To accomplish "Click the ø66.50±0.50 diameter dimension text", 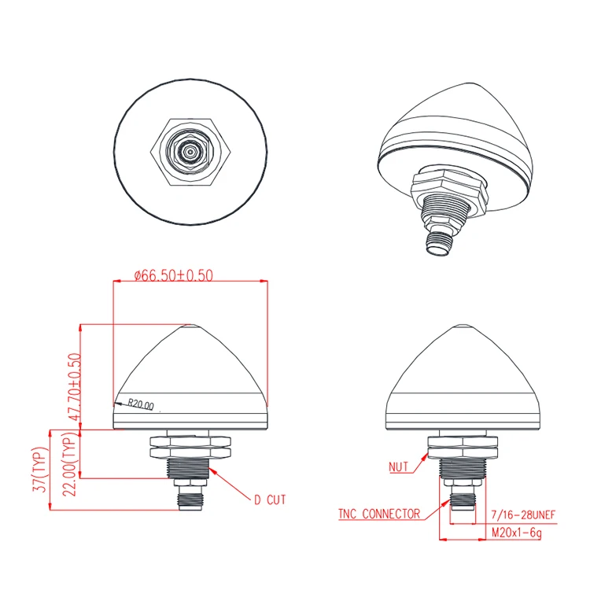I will [x=174, y=275].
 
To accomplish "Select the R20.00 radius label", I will [x=141, y=405].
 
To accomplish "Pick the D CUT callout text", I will [x=270, y=499].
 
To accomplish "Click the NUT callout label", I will [x=400, y=466].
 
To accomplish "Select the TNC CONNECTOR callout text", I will [x=378, y=514].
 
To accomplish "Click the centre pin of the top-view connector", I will [x=190, y=149].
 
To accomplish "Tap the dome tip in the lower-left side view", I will [x=191, y=326].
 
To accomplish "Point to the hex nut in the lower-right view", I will [x=466, y=446].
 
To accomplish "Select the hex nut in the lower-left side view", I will [x=190, y=447].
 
